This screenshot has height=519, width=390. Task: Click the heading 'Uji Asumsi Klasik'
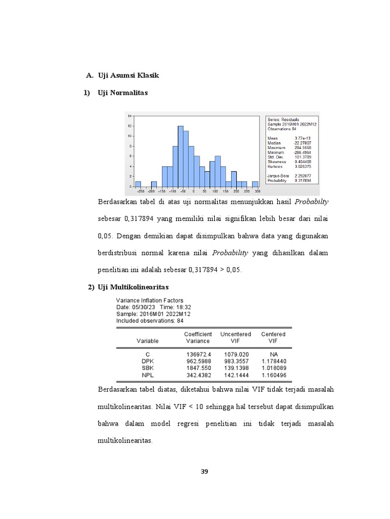coord(128,76)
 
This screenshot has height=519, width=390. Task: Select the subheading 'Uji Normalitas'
coord(123,92)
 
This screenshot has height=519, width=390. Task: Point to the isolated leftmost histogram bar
coord(138,183)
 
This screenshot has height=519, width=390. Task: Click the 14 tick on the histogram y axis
coord(130,116)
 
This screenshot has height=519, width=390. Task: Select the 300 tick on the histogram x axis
coord(257,192)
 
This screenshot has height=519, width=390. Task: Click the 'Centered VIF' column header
coord(273,338)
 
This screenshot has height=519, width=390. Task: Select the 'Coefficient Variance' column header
coord(198,338)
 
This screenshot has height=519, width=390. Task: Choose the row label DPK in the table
coord(147,361)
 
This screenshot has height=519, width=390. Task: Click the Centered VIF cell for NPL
coord(273,375)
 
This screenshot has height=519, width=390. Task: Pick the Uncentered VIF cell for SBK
coord(236,368)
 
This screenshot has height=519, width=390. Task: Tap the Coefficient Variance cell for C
coord(198,354)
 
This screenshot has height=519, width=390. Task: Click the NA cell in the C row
coord(273,354)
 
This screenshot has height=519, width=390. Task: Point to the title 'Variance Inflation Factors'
coord(150,301)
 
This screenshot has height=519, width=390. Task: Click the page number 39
coord(204,472)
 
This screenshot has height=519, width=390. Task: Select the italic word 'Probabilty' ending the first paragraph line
coord(312,202)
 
